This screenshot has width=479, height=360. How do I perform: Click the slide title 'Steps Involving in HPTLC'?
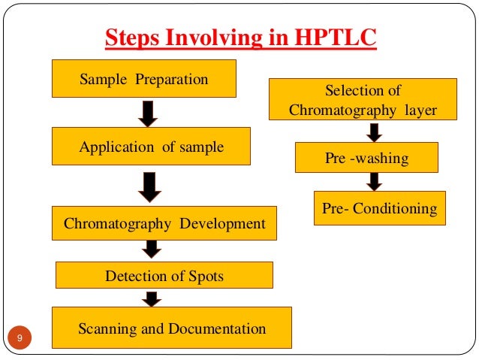(x=239, y=37)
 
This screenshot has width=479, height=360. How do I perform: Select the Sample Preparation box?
(x=144, y=79)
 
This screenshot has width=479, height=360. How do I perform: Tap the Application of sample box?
(x=151, y=147)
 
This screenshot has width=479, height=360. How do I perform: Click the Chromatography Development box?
(x=164, y=223)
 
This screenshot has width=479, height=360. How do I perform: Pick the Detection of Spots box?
(x=164, y=276)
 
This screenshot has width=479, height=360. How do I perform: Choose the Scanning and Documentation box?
(x=172, y=328)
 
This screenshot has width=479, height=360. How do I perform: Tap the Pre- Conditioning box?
(x=379, y=208)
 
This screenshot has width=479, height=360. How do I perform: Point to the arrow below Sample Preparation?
(x=148, y=113)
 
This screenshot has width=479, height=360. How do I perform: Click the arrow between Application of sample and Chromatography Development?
(x=151, y=186)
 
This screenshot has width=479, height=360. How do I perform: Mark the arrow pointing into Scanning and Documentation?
(x=152, y=298)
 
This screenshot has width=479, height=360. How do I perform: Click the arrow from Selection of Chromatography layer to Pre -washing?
(x=374, y=132)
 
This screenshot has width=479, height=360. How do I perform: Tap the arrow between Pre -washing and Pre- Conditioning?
(x=374, y=181)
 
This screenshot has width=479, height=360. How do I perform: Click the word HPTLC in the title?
(x=336, y=37)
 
